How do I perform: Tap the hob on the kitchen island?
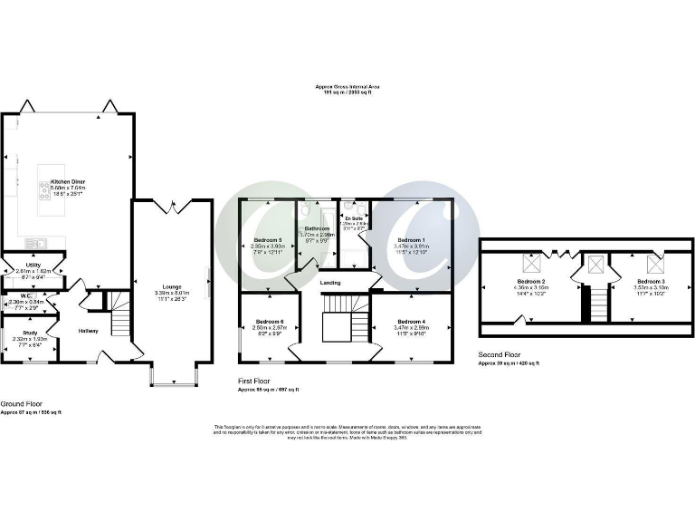pyautogui.click(x=43, y=191)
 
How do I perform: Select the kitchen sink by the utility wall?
pyautogui.click(x=37, y=242)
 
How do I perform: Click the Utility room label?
pyautogui.click(x=30, y=264)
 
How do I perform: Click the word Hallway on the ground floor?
pyautogui.click(x=88, y=331)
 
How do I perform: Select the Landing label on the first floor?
pyautogui.click(x=330, y=283)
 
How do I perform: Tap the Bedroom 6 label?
pyautogui.click(x=270, y=322)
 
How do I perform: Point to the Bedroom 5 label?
pyautogui.click(x=269, y=238)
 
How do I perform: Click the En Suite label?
pyautogui.click(x=353, y=218)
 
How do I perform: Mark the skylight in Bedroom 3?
pyautogui.click(x=654, y=265)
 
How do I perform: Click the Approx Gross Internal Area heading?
pyautogui.click(x=347, y=86)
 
